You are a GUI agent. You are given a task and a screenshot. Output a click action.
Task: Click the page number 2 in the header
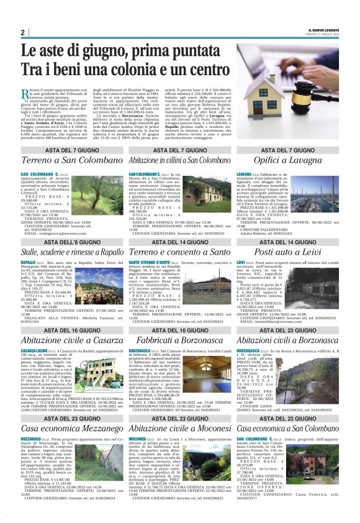[23, 32]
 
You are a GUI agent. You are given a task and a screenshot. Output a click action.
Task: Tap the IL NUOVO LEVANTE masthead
[320, 29]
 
